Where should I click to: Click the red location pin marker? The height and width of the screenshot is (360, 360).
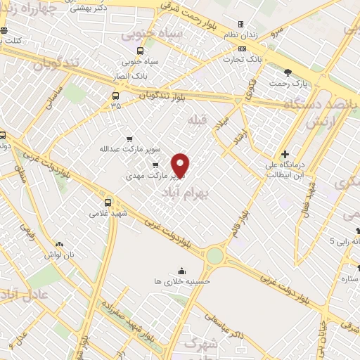(181, 165)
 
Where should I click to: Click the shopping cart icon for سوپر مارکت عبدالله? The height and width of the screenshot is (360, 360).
(129, 139)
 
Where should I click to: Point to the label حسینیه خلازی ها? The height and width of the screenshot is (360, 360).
(182, 280)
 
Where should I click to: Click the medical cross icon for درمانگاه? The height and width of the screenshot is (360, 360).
(285, 154)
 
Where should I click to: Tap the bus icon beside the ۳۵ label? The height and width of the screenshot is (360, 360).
(115, 96)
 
